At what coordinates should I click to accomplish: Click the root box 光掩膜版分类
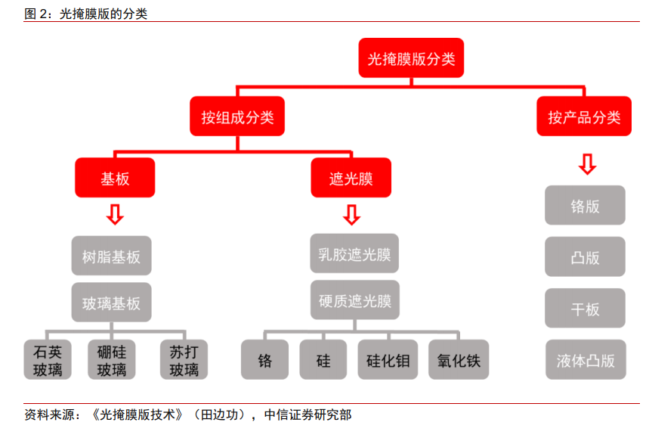pyautogui.click(x=411, y=57)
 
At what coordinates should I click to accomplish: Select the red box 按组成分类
pyautogui.click(x=237, y=116)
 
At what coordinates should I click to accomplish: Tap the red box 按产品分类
pyautogui.click(x=584, y=116)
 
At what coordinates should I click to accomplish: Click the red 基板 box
pyautogui.click(x=115, y=178)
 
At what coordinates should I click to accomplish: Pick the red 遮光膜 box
pyautogui.click(x=351, y=178)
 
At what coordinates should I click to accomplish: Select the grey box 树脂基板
pyautogui.click(x=111, y=256)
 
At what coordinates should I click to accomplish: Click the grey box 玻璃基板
pyautogui.click(x=111, y=303)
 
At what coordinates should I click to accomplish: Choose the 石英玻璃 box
pyautogui.click(x=48, y=359)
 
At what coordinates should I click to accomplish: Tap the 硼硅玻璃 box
pyautogui.click(x=112, y=359)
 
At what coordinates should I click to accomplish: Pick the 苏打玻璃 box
pyautogui.click(x=184, y=359)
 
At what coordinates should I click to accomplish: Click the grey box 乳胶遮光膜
pyautogui.click(x=354, y=253)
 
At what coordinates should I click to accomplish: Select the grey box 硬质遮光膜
pyautogui.click(x=354, y=300)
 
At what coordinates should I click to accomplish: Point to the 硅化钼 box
pyautogui.click(x=388, y=359)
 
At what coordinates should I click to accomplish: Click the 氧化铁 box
pyautogui.click(x=459, y=359)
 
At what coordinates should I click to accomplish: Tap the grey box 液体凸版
pyautogui.click(x=586, y=359)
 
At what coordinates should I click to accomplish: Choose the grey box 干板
pyautogui.click(x=585, y=308)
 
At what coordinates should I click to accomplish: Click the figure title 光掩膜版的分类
pyautogui.click(x=104, y=14)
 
